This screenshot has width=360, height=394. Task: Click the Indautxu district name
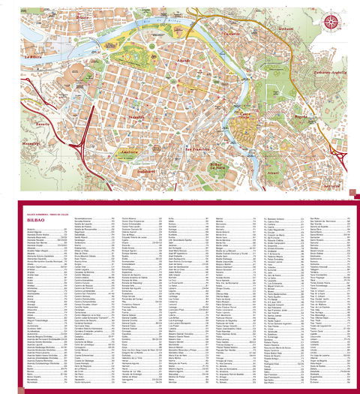click(x=136, y=118)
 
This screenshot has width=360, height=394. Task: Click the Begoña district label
click(x=300, y=117)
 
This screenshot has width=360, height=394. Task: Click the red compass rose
click(x=331, y=21)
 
